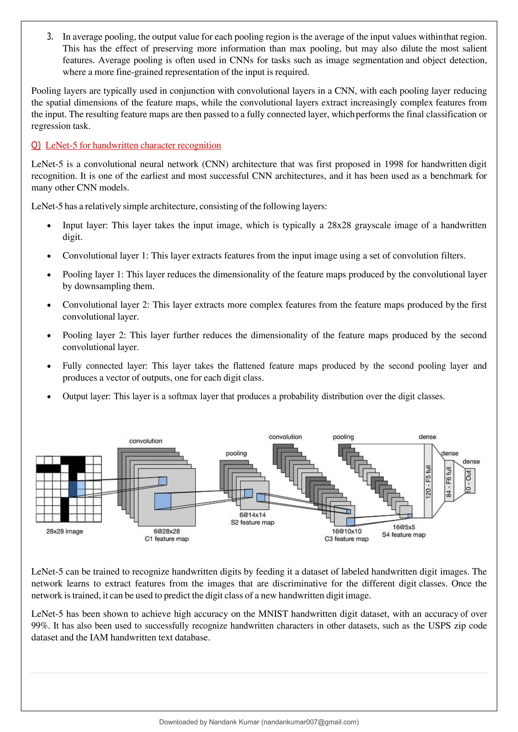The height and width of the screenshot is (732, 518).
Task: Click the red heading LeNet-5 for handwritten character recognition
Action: [x=133, y=145]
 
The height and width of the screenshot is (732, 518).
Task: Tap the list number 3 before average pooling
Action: [x=50, y=37]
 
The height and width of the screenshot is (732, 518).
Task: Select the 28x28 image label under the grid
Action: [x=64, y=531]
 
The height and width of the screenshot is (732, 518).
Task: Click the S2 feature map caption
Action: [x=252, y=522]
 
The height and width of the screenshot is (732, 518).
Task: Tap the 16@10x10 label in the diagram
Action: [x=347, y=531]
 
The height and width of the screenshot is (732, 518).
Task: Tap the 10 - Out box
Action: [x=469, y=481]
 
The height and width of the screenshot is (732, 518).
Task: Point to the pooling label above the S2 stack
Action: [x=236, y=453]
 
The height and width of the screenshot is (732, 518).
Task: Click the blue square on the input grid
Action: [x=77, y=489]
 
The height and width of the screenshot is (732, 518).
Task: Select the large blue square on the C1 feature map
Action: [x=163, y=501]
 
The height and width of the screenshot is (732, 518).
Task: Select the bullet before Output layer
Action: [x=49, y=397]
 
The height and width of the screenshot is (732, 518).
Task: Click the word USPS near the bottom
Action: [x=439, y=626]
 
